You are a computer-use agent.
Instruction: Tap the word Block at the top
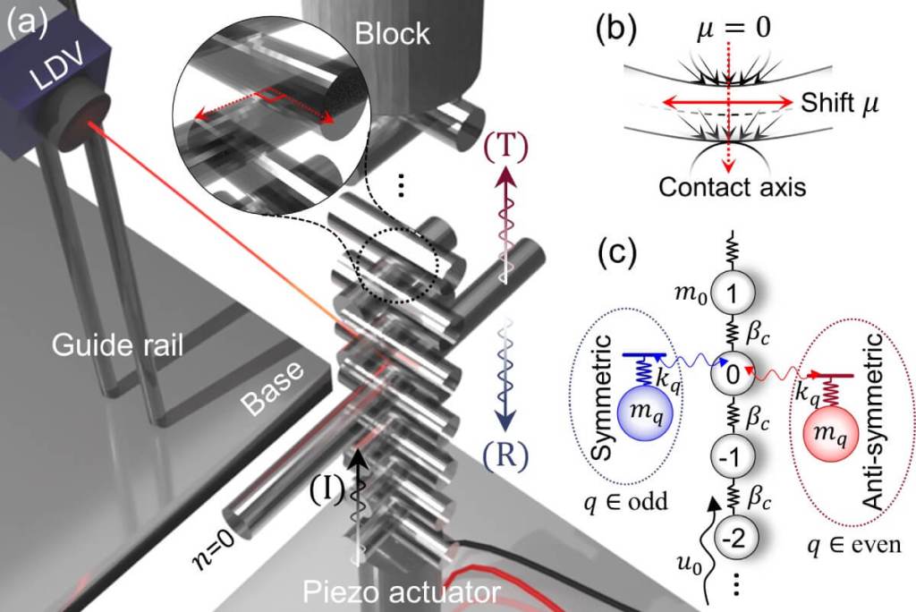(393, 35)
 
